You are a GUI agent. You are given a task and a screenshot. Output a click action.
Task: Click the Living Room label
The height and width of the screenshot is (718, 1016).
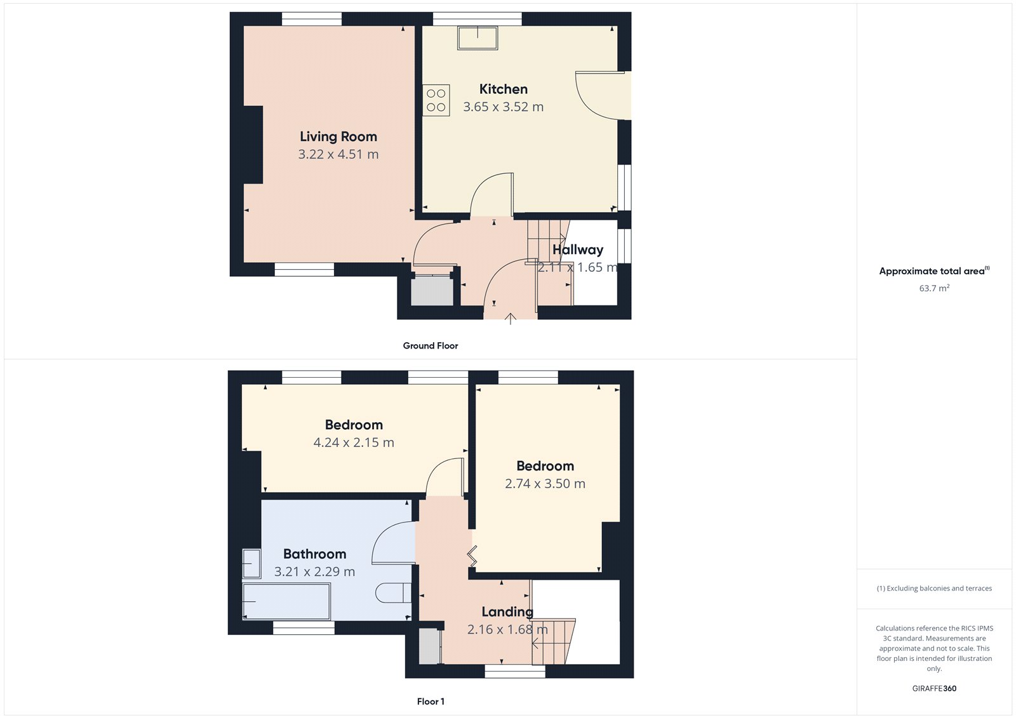[338, 136]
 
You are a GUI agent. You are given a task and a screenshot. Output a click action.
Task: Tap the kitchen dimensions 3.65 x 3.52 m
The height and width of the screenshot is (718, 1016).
[503, 107]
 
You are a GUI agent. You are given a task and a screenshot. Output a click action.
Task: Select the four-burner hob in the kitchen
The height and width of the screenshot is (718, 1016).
[436, 100]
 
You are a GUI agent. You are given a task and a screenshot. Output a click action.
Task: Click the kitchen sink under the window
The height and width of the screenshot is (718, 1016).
[478, 37]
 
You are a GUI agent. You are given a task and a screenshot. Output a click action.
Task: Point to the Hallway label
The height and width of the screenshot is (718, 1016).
[577, 249]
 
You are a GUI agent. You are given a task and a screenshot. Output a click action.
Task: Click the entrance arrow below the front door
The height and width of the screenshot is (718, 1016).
[511, 319]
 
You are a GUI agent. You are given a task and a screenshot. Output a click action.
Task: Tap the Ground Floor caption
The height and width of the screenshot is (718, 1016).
[430, 345]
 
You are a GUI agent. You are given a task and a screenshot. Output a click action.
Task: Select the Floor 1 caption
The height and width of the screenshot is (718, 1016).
[431, 701]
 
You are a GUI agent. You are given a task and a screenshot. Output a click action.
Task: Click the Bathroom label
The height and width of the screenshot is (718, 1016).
[314, 554]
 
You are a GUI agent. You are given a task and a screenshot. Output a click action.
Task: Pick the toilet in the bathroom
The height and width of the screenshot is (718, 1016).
[391, 593]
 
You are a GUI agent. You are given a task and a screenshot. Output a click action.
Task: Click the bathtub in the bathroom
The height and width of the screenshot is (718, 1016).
[286, 601]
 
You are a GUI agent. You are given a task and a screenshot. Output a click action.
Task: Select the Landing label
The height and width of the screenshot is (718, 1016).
[507, 611]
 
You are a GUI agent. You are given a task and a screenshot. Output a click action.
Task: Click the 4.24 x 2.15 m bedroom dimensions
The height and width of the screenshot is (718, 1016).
[354, 442]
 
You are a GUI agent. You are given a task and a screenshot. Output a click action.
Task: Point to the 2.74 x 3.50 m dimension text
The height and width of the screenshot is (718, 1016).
[545, 484]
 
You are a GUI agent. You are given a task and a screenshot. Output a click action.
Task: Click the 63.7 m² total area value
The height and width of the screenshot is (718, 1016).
[934, 288]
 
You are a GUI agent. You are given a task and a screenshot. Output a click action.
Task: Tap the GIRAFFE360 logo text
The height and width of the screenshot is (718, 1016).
[934, 688]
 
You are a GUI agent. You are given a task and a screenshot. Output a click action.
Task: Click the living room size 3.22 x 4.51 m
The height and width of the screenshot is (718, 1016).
[338, 154]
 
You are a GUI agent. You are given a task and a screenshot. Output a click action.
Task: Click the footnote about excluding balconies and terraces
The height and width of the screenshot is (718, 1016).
[934, 588]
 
